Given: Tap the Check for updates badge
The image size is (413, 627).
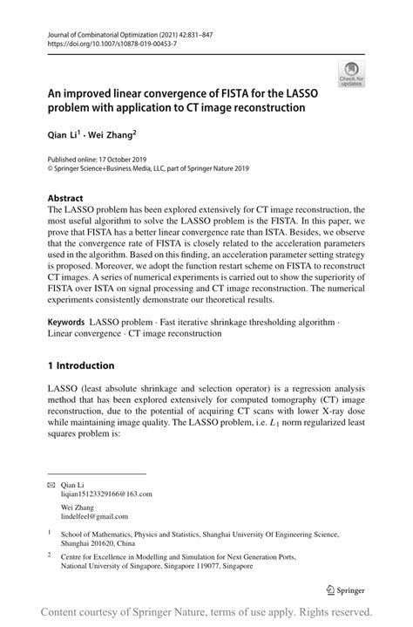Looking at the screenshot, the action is click(x=352, y=74).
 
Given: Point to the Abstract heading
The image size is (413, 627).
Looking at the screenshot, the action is click(x=65, y=198).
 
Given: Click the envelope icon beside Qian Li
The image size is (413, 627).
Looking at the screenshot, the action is click(x=51, y=483).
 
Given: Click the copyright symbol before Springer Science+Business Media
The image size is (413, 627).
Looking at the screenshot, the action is click(x=51, y=170).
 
